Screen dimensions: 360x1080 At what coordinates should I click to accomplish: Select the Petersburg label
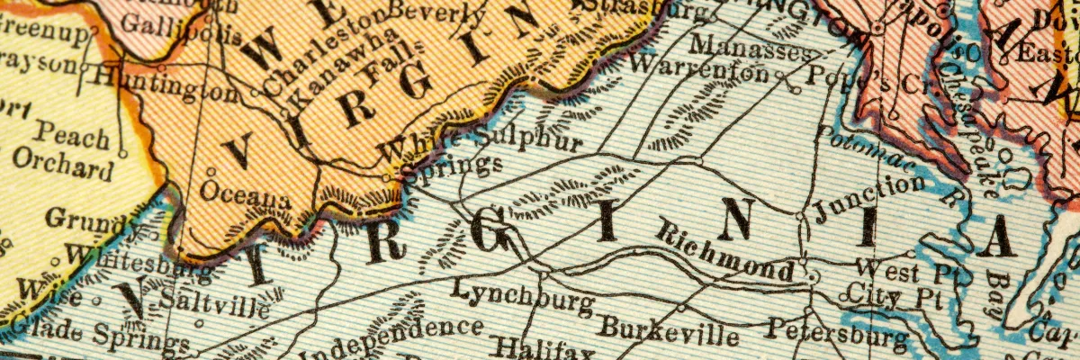[837, 334]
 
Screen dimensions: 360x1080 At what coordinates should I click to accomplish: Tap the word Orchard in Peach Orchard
[60, 168]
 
